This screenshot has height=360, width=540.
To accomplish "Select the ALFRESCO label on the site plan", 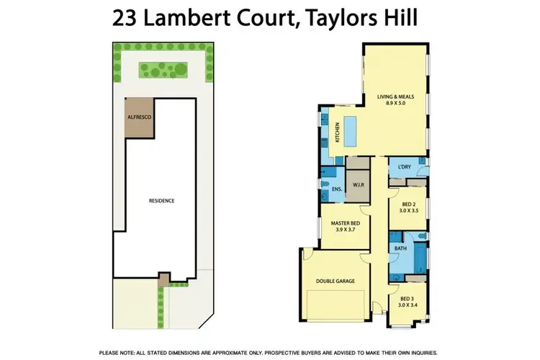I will point(139,115).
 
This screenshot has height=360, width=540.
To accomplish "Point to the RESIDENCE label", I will point(161,201).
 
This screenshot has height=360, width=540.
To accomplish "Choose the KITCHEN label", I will point(337,133).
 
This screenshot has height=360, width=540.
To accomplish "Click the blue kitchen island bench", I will point(353,129).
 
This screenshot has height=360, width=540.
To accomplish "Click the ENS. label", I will point(335,189).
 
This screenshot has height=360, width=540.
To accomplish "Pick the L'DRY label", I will point(403,168).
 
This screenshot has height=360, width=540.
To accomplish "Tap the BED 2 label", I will point(408,204).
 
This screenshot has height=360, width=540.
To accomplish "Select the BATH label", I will point(400,248).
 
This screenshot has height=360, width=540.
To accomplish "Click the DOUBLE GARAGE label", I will point(336,281).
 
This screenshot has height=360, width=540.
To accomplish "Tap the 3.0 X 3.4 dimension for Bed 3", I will point(408,305).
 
